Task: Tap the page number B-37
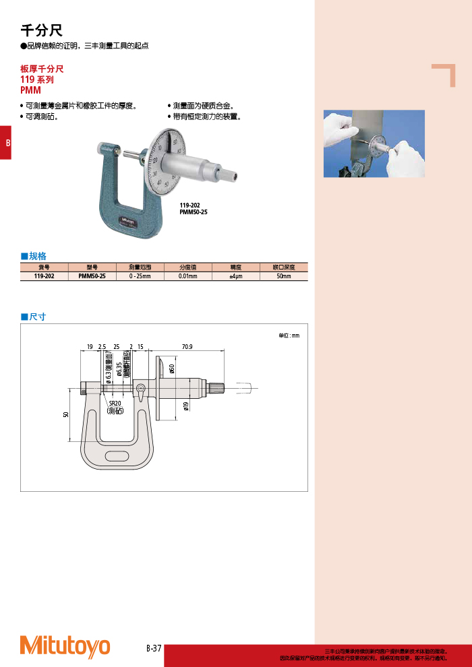point(154,648)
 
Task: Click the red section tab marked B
point(7,143)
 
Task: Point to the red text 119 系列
point(37,80)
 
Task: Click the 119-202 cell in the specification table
point(45,276)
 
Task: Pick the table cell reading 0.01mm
point(188,276)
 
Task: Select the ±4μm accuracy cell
point(236,276)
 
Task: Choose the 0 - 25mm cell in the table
point(140,276)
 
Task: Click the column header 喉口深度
point(284,267)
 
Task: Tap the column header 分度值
point(188,267)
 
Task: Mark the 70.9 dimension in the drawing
point(187,347)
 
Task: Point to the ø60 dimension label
point(171,369)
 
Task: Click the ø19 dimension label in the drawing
point(185,406)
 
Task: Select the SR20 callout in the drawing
point(115,404)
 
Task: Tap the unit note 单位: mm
point(288,335)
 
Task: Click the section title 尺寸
point(37,317)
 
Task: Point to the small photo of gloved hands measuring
point(374,144)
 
